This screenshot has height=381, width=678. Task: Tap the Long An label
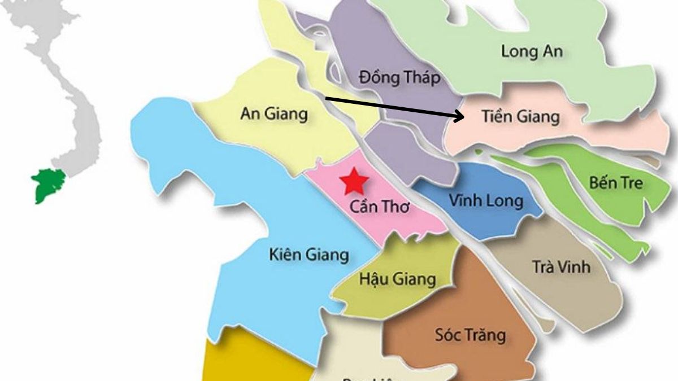click(x=532, y=51)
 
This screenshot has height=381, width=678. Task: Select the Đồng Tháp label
click(x=399, y=77)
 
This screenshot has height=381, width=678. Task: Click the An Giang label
click(x=274, y=114)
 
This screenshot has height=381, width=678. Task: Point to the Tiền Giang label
click(x=520, y=117)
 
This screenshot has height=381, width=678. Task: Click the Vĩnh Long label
click(x=486, y=200)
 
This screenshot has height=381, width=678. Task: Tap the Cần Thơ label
click(x=379, y=207)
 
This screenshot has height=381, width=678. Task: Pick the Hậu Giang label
click(x=398, y=279)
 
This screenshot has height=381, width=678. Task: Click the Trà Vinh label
click(x=561, y=266)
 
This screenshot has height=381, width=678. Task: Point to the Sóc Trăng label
click(x=470, y=335)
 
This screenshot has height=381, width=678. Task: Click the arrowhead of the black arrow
click(x=461, y=117)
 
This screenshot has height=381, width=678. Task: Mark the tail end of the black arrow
click(x=327, y=98)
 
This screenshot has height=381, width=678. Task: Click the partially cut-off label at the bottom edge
click(x=373, y=377)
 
